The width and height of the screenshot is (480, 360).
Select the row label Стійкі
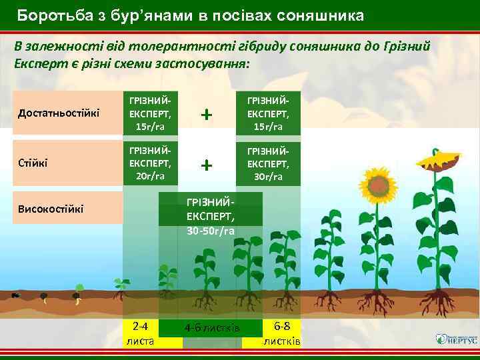[32, 161]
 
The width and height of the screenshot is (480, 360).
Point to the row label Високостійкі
[51, 209]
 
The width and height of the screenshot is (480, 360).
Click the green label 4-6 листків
[211, 328]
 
